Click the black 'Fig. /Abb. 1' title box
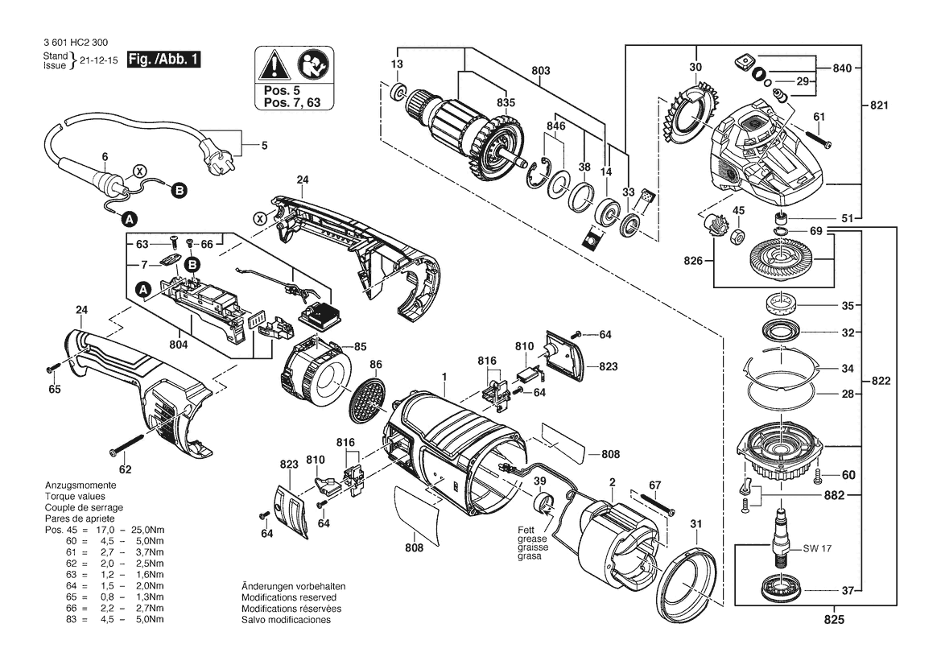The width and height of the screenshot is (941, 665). pos(163,60)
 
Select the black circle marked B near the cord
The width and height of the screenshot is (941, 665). pos(179,191)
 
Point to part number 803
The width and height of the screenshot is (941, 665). pos(541,71)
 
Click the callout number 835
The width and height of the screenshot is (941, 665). pos(506,102)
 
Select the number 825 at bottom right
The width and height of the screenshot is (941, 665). pos(834,619)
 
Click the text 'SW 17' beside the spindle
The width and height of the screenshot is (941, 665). pos(817,548)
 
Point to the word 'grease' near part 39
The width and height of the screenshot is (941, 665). pos(532,539)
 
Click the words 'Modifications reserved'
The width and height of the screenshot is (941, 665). pos(289,597)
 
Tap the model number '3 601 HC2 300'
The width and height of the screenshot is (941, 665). pos(76,43)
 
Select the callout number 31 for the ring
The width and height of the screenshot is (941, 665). pos(695,524)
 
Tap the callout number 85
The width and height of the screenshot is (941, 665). pos(360,347)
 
